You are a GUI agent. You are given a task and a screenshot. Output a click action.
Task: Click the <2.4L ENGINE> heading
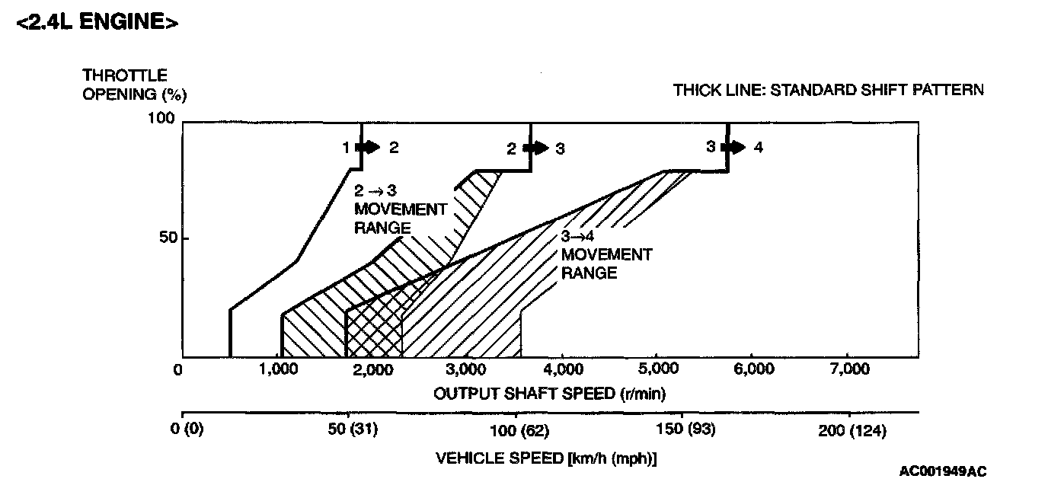[97, 22]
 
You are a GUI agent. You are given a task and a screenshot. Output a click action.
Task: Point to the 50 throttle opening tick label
[169, 238]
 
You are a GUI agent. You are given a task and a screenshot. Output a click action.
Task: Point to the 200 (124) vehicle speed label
[854, 431]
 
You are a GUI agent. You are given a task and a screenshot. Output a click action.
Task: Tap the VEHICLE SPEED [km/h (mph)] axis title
[546, 458]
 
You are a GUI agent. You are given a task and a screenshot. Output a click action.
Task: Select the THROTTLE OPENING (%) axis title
[134, 85]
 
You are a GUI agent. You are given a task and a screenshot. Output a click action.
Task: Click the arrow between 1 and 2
[369, 148]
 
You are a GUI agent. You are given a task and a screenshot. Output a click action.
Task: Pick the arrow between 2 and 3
[537, 148]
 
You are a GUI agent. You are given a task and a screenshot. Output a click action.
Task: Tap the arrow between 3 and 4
[735, 147]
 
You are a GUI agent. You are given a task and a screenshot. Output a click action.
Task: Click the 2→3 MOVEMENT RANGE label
[399, 209]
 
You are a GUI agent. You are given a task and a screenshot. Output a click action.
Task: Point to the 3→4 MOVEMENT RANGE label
[606, 254]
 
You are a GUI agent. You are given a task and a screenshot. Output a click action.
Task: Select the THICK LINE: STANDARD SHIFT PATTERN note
[828, 90]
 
